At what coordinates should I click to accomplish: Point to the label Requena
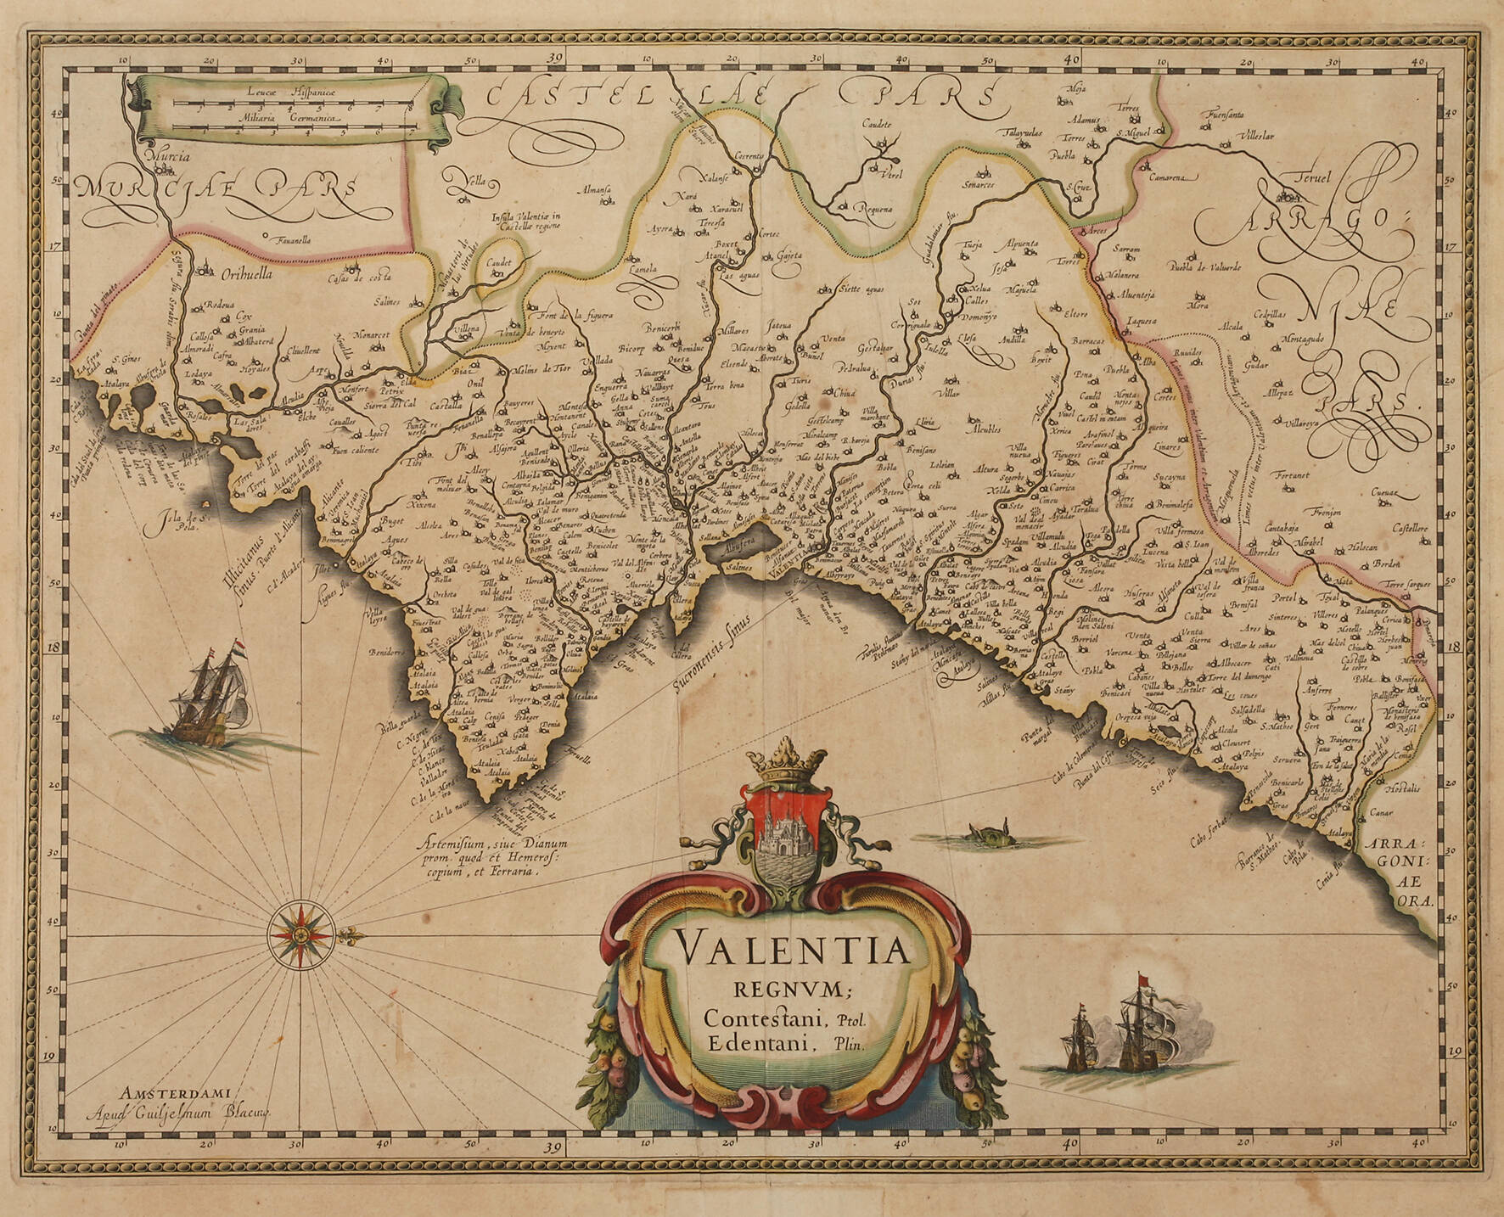point(873,208)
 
